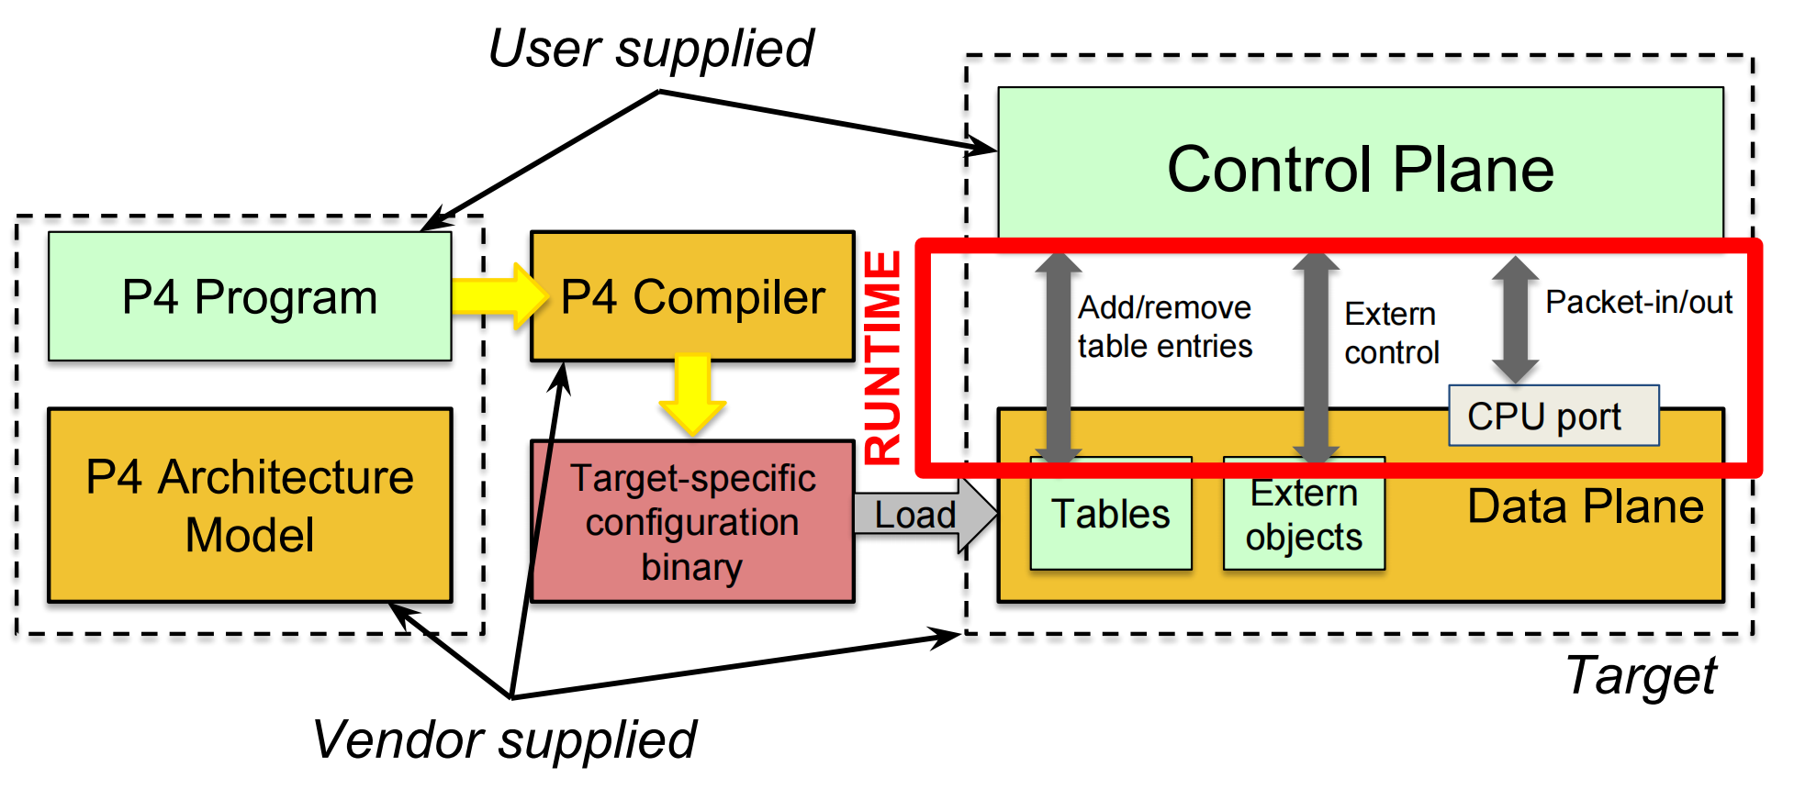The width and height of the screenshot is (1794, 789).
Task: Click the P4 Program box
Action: [249, 296]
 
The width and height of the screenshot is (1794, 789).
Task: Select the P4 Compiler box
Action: [692, 296]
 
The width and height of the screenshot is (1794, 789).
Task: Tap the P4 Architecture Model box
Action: [249, 506]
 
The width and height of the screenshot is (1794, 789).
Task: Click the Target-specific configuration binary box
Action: [692, 522]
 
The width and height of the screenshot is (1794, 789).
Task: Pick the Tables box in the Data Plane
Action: [1110, 515]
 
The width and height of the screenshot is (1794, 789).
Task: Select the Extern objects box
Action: [1303, 516]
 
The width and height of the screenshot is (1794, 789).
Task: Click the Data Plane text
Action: [1585, 506]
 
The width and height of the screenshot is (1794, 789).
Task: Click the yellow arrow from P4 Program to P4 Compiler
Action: [497, 296]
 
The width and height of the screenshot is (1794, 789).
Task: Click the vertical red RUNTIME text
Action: [883, 358]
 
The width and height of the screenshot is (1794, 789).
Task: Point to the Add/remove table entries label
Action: [1164, 327]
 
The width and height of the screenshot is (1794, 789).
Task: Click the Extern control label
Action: [1391, 333]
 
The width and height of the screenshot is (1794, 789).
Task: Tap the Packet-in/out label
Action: [1638, 302]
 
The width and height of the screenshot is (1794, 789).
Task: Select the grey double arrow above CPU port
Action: [1515, 319]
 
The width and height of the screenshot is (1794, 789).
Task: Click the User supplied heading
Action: [650, 49]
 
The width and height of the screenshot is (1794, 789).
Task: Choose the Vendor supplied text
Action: [504, 739]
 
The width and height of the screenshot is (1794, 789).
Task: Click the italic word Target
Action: [1641, 676]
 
